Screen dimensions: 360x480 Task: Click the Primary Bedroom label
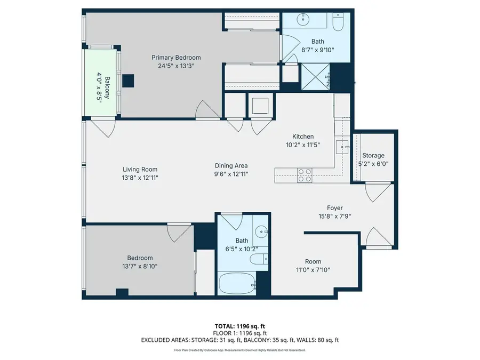176,58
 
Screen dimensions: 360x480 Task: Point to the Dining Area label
231,165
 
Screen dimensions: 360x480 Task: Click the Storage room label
373,156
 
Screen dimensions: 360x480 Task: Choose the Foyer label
334,208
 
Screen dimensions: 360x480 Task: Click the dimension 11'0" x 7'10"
313,270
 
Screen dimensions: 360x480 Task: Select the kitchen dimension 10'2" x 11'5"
302,145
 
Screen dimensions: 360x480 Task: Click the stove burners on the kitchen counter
304,175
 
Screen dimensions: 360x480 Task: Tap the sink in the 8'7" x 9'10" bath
305,20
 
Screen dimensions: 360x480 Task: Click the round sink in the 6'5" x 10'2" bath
261,232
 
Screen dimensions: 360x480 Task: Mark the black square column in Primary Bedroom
128,81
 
